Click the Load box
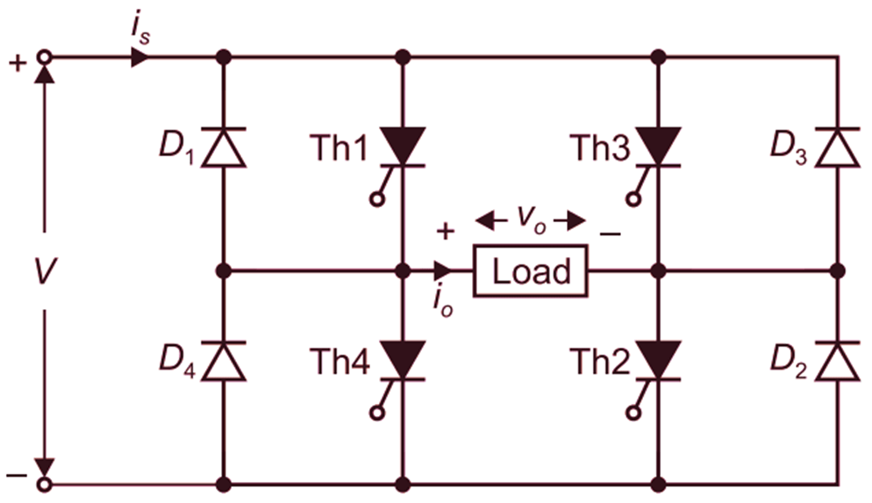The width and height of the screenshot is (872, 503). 531,271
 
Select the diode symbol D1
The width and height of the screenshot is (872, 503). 224,147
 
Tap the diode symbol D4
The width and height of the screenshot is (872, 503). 224,361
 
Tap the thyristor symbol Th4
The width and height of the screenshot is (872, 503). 403,361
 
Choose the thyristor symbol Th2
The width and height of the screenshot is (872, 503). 658,361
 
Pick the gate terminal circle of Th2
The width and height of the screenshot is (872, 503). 631,413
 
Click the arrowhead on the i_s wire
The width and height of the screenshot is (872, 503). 139,58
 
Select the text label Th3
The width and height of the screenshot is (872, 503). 599,147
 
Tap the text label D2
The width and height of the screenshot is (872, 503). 788,361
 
